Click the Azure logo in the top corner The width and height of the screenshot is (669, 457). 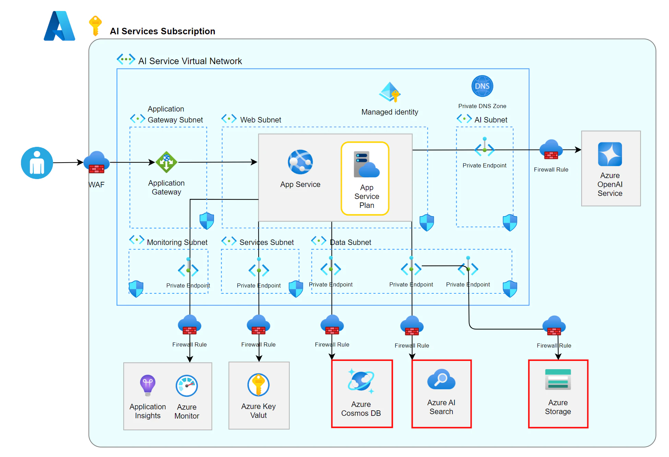(x=59, y=26)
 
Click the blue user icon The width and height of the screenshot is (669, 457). (x=37, y=163)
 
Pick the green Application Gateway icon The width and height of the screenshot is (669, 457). (x=166, y=162)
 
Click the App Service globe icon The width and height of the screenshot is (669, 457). (x=300, y=162)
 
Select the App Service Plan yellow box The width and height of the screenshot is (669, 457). (x=365, y=178)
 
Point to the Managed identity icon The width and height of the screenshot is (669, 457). (x=390, y=92)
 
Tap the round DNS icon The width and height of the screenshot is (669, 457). (x=482, y=86)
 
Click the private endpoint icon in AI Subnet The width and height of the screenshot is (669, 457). (x=484, y=148)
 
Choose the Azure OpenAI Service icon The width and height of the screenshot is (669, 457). (x=610, y=154)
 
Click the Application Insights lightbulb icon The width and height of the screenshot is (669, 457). (x=148, y=385)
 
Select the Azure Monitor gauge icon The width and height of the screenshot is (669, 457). (x=187, y=386)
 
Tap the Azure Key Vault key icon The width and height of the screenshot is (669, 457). (x=258, y=385)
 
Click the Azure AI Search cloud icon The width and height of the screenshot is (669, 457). (x=441, y=379)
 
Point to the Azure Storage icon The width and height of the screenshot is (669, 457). (x=558, y=379)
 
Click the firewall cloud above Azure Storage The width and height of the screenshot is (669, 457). (x=554, y=326)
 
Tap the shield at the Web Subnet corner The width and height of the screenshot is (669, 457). (x=427, y=223)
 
